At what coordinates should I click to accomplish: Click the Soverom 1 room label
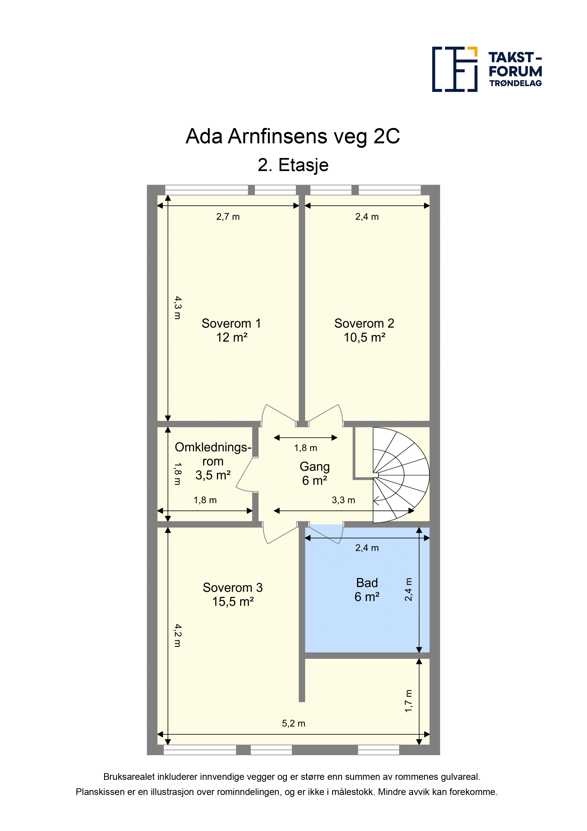[231, 330]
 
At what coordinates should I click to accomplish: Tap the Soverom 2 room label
[364, 330]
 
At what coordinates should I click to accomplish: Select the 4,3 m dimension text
[178, 308]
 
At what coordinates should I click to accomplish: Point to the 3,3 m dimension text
[343, 500]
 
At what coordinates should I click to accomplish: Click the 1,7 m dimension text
[408, 701]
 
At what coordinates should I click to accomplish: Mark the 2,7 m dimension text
[228, 217]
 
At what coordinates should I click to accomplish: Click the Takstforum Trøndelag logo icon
[455, 69]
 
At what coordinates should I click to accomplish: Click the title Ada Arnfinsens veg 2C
[293, 136]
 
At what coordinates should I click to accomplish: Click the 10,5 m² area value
[364, 337]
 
